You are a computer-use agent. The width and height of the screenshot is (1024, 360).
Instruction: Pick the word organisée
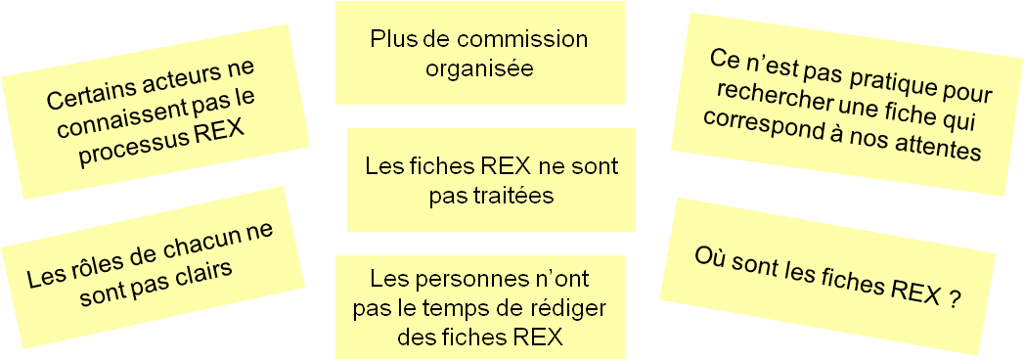click(x=479, y=69)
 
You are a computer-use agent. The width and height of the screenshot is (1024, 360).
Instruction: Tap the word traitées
click(x=491, y=196)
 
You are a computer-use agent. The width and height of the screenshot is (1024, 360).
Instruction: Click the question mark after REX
click(x=953, y=301)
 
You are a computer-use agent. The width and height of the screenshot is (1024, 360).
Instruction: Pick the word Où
click(x=710, y=256)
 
